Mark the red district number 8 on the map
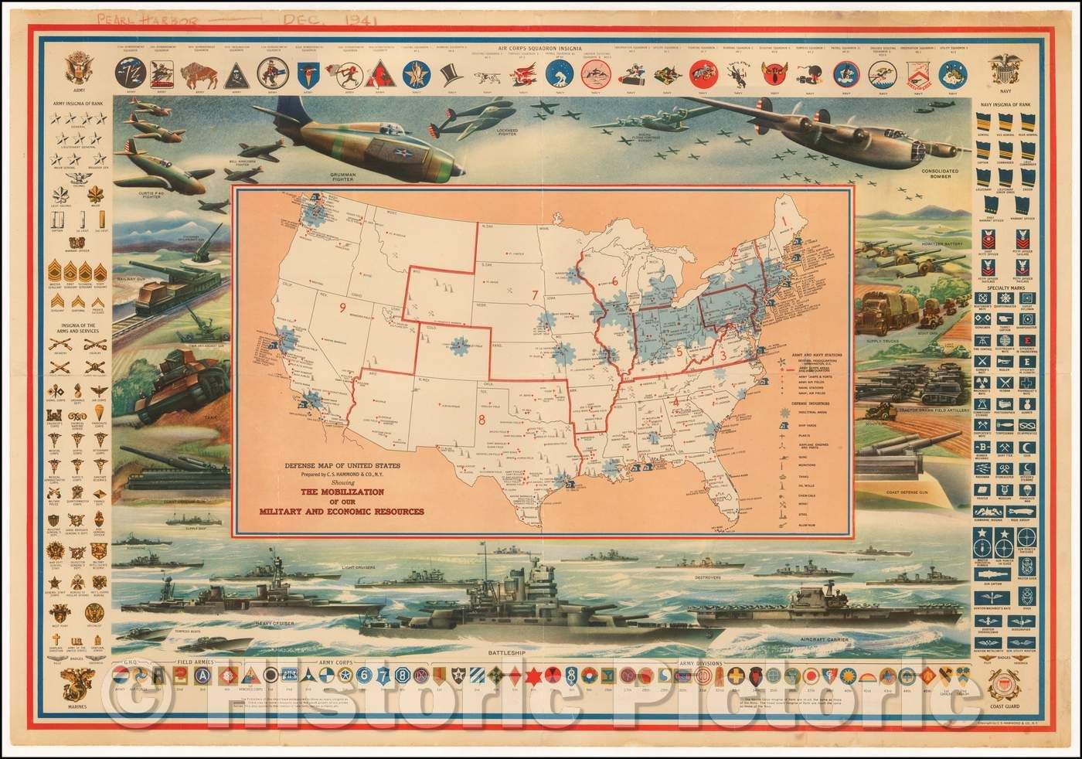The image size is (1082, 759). [x=481, y=421]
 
